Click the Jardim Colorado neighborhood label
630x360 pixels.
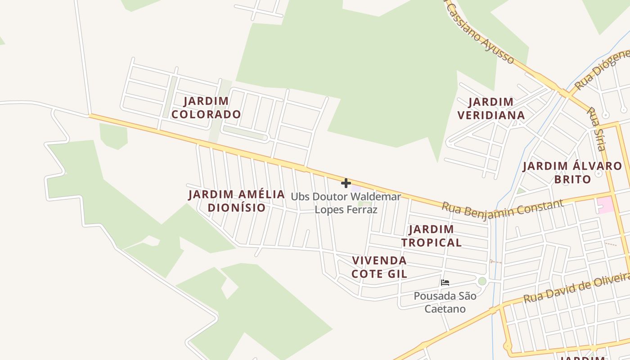pyautogui.click(x=206, y=108)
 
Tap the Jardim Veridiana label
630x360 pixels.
pyautogui.click(x=491, y=108)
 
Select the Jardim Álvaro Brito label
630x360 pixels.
pyautogui.click(x=572, y=172)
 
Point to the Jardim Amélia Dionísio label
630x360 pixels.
pyautogui.click(x=236, y=201)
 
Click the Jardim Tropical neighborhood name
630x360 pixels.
pyautogui.click(x=432, y=236)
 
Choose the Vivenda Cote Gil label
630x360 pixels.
pyautogui.click(x=379, y=267)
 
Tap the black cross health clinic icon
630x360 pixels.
pyautogui.click(x=346, y=183)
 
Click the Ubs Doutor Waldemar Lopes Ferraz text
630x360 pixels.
pyautogui.click(x=346, y=203)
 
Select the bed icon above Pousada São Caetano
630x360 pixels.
pyautogui.click(x=445, y=283)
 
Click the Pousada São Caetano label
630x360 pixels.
pyautogui.click(x=445, y=302)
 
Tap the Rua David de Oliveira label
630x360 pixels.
pyautogui.click(x=576, y=287)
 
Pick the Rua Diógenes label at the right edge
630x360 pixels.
pyautogui.click(x=603, y=70)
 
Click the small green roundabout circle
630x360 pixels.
pyautogui.click(x=482, y=281)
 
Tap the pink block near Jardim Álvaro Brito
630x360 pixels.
pyautogui.click(x=605, y=205)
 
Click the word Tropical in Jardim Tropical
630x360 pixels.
pyautogui.click(x=432, y=243)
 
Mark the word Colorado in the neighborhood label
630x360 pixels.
pyautogui.click(x=206, y=114)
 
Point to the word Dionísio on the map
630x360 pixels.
pyautogui.click(x=236, y=207)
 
